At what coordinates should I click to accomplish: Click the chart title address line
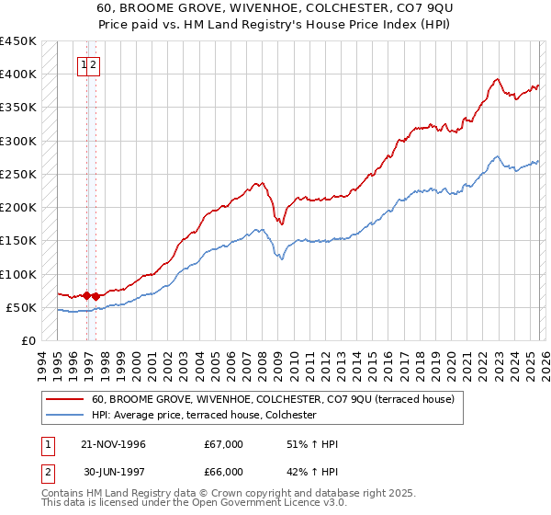pyautogui.click(x=275, y=7)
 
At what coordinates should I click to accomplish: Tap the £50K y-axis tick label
pyautogui.click(x=21, y=308)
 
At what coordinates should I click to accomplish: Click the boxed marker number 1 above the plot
pyautogui.click(x=84, y=65)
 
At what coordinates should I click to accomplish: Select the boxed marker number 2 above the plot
pyautogui.click(x=95, y=65)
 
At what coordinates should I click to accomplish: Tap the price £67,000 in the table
pyautogui.click(x=224, y=444)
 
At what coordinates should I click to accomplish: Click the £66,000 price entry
pyautogui.click(x=224, y=472)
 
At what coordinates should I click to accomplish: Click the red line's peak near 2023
pyautogui.click(x=496, y=79)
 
